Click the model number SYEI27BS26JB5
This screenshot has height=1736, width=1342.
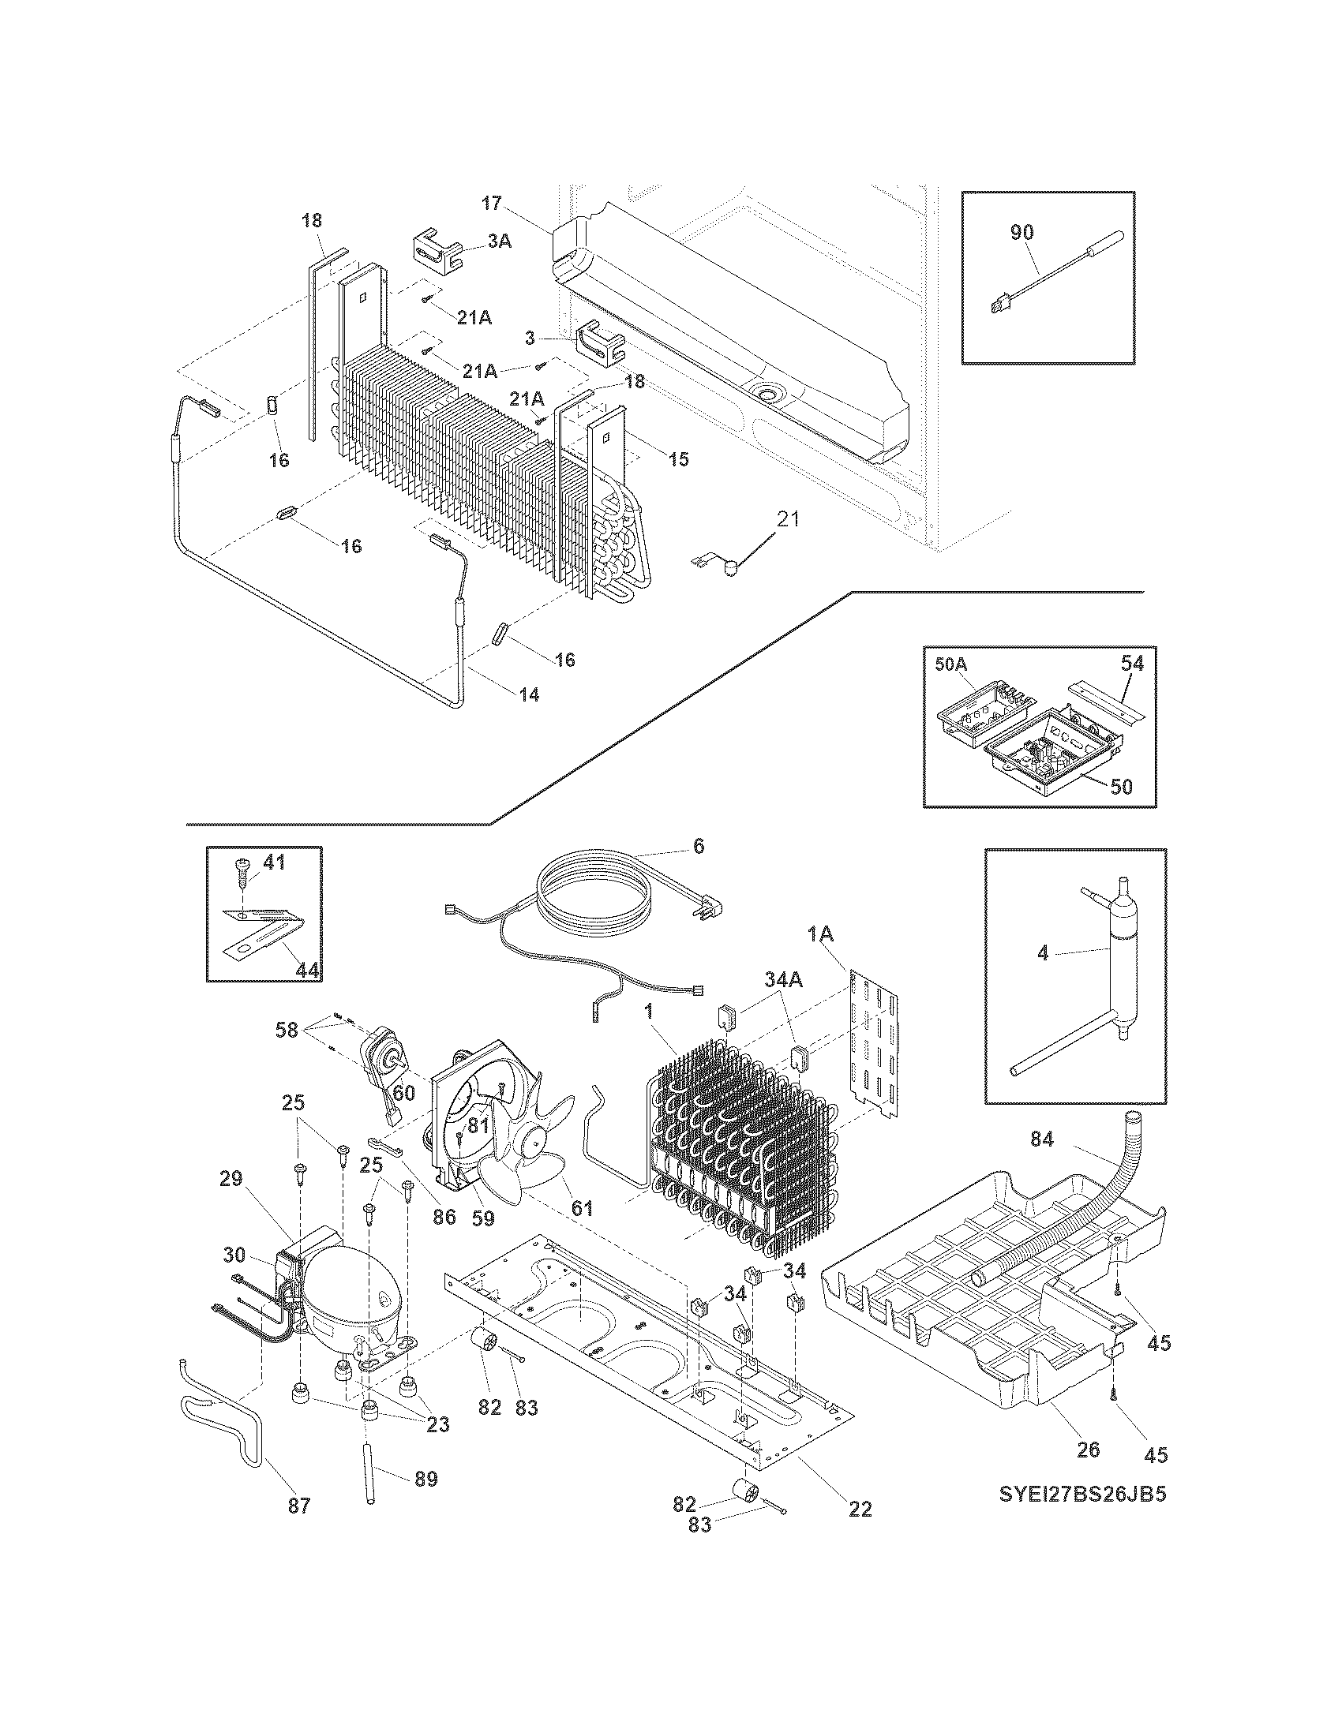click(x=1082, y=1495)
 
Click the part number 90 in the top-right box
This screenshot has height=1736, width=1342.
click(x=1021, y=233)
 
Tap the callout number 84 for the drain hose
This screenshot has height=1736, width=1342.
click(x=1041, y=1140)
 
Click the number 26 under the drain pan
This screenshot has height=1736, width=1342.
click(x=1088, y=1449)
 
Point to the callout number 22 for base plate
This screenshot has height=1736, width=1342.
click(x=860, y=1508)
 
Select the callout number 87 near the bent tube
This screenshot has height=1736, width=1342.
click(x=299, y=1505)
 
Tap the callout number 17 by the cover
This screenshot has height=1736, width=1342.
click(x=492, y=203)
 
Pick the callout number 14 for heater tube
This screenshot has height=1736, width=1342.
click(x=529, y=694)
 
